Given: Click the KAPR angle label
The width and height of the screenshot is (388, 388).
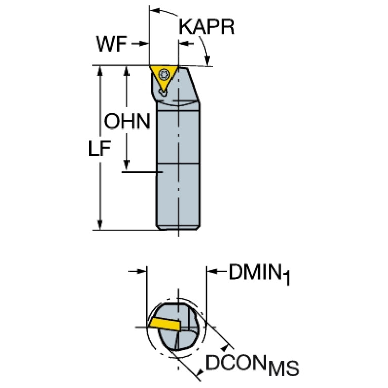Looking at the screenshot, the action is (x=206, y=27).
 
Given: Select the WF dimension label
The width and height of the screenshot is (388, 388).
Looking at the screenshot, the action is (x=112, y=44).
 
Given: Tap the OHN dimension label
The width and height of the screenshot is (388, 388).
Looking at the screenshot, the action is (x=127, y=121).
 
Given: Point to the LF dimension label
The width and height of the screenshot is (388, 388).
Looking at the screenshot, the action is (x=99, y=148).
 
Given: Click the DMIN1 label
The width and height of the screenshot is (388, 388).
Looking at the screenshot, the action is (x=260, y=274).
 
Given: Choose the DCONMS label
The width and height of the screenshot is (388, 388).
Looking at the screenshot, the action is (x=252, y=364).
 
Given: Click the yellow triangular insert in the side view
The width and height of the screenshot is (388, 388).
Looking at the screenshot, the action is (x=163, y=77).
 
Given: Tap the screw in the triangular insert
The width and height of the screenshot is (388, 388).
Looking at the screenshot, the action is (x=164, y=74).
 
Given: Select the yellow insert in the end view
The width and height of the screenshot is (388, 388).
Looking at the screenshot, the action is (x=164, y=324).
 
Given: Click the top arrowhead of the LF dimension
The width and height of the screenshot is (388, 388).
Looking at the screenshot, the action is (x=100, y=71).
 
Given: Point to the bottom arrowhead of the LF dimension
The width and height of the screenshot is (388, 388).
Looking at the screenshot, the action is (x=100, y=225).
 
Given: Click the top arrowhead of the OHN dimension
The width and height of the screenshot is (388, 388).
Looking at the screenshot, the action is (x=126, y=71).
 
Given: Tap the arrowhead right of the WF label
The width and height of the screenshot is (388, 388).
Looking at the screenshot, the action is (x=144, y=44).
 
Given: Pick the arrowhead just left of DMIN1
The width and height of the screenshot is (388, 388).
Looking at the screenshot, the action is (x=212, y=272).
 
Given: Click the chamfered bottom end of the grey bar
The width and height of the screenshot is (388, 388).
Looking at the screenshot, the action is (x=178, y=228).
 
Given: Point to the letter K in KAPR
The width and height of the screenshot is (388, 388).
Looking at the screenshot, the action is (x=184, y=27).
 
